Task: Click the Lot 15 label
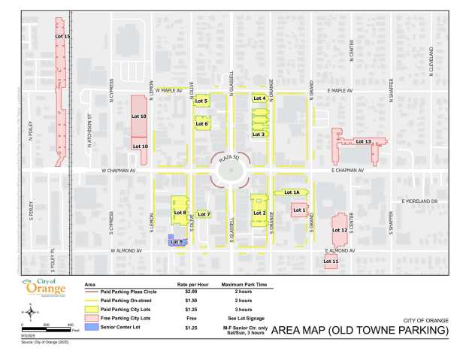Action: click(x=63, y=36)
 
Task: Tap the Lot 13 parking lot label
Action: click(x=363, y=141)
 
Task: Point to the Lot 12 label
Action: click(x=339, y=230)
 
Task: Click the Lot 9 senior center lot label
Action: click(x=177, y=241)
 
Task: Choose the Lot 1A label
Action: click(x=291, y=193)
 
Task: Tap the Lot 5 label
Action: click(x=201, y=101)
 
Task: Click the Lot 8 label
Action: click(x=180, y=213)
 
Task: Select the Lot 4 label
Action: click(x=259, y=98)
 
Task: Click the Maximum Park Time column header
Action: click(x=240, y=285)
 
